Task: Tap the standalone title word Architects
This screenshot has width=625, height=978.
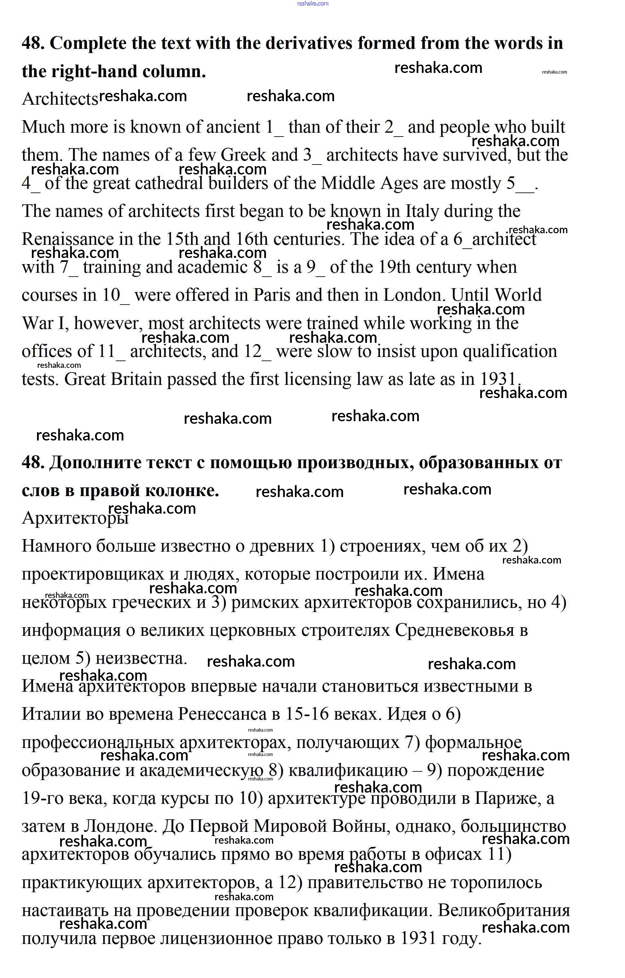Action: click(60, 99)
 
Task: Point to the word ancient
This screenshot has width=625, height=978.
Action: click(233, 127)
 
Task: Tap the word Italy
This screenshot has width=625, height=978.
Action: click(422, 211)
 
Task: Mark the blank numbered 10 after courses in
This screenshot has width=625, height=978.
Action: click(116, 295)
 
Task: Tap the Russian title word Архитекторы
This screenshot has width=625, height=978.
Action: click(75, 519)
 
